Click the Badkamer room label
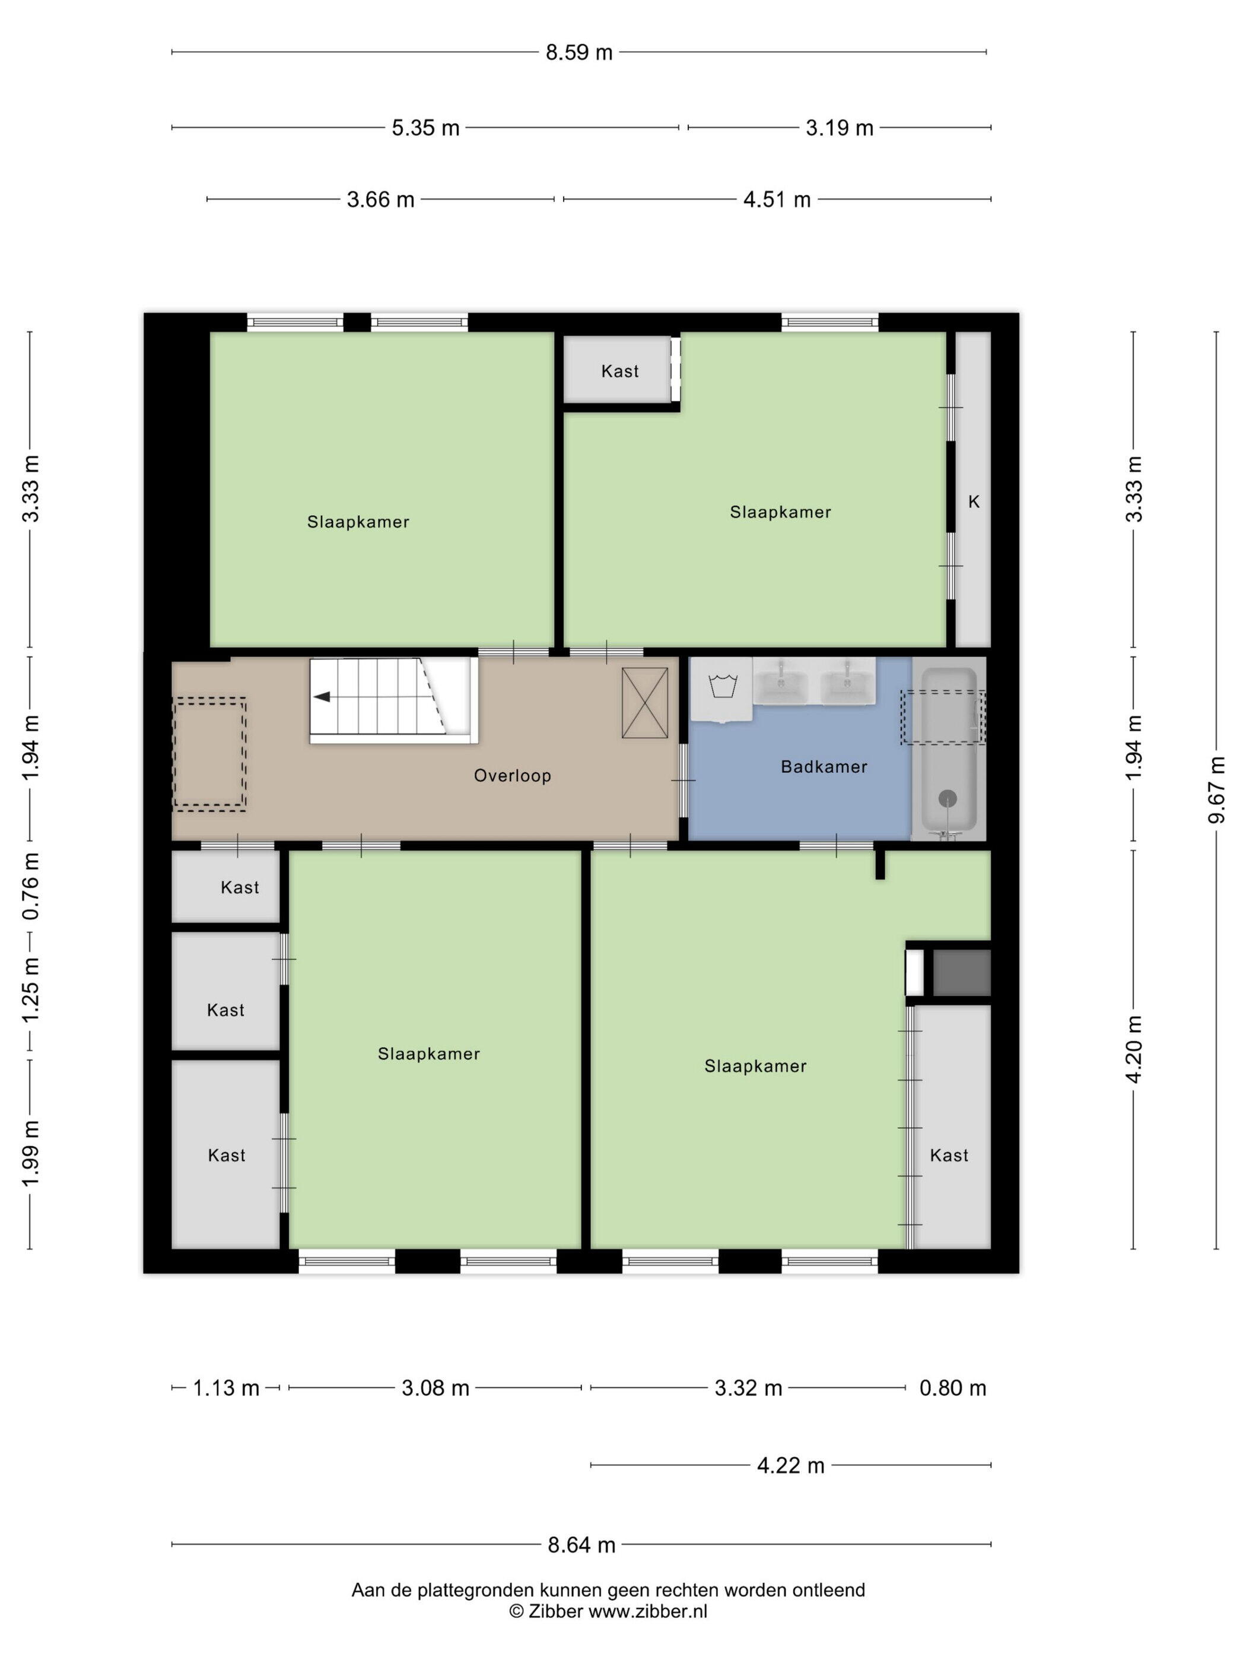(x=824, y=766)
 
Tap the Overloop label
(x=512, y=775)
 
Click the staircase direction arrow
(x=322, y=696)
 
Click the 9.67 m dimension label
(x=1217, y=789)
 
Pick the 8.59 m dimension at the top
(x=579, y=53)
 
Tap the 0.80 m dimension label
(x=952, y=1388)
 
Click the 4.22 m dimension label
(x=790, y=1465)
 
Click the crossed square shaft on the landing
(x=644, y=703)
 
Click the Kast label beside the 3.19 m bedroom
(x=619, y=370)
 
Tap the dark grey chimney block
(x=961, y=972)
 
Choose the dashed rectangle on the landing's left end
(x=209, y=754)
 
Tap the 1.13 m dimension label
(x=226, y=1388)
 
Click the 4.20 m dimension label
(x=1134, y=1049)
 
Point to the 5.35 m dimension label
(x=425, y=128)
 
